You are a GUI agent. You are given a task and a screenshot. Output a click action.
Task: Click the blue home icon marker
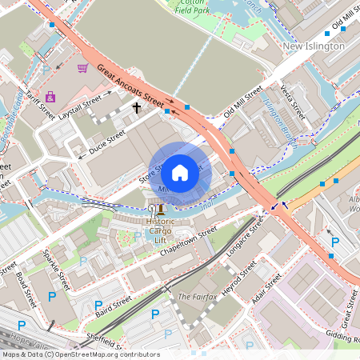[x=180, y=172]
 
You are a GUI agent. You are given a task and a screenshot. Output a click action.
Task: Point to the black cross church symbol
[x=136, y=106]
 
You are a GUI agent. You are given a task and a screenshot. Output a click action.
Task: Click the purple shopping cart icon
[x=82, y=68]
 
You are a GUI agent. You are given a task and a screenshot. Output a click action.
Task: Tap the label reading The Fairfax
[x=195, y=297]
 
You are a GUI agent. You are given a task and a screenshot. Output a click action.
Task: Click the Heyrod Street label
[x=238, y=294]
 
